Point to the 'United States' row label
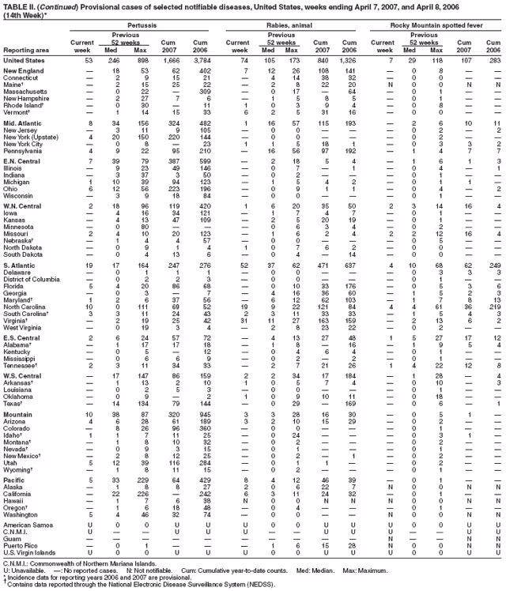click(23, 60)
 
